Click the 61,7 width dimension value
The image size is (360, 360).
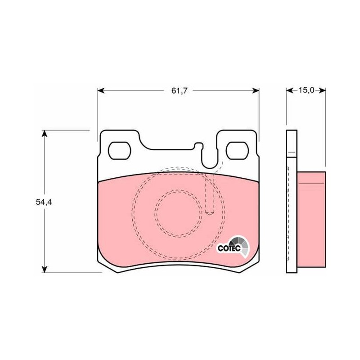tap(180, 91)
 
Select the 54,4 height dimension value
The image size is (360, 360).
tap(44, 202)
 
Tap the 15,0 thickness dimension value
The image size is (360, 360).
tap(306, 90)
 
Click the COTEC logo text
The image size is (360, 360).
tap(229, 248)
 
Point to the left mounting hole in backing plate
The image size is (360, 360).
tap(119, 151)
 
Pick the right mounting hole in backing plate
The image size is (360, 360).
tap(237, 151)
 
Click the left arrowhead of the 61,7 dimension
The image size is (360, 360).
tap(101, 91)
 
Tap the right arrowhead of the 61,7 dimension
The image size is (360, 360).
tap(256, 91)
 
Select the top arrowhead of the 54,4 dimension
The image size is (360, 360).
tap(45, 134)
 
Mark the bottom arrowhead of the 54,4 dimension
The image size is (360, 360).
tap(45, 269)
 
